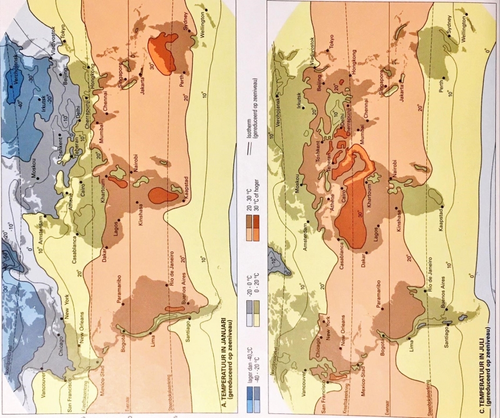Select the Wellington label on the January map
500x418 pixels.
pos(206,29)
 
